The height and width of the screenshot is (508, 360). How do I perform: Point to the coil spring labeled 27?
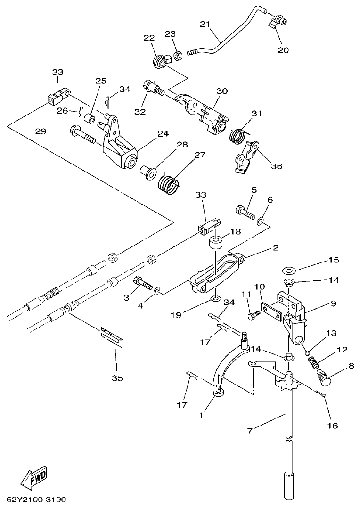(x=169, y=182)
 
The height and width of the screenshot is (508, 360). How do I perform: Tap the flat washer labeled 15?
(x=288, y=271)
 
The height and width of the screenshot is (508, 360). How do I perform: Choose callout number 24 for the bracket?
(x=163, y=133)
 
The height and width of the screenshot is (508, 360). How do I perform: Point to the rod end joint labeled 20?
(x=277, y=23)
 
